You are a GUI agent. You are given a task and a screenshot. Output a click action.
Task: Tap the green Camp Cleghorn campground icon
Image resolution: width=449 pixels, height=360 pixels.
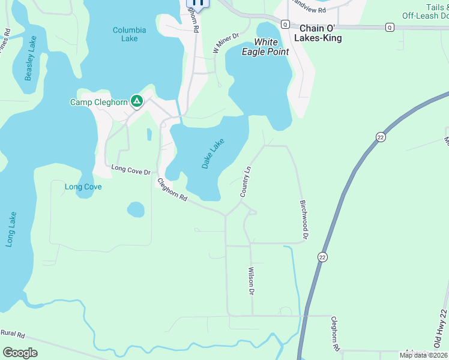(x=137, y=102)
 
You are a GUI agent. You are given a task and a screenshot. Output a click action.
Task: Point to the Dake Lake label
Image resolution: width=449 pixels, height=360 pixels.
(x=212, y=154)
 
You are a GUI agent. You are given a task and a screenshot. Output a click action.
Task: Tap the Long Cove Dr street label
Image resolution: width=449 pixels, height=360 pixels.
(x=130, y=170)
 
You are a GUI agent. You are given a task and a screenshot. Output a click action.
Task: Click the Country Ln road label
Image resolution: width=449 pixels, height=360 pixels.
(x=245, y=182)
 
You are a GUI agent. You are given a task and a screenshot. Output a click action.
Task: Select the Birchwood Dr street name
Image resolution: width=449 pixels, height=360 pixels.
(x=304, y=220)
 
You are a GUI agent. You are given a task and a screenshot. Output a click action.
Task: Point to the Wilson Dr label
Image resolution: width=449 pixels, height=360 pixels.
(x=252, y=281)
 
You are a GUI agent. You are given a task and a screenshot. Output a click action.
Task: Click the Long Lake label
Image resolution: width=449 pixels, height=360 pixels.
(x=10, y=229)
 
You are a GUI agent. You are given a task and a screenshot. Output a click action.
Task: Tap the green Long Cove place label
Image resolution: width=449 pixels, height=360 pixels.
(x=83, y=187)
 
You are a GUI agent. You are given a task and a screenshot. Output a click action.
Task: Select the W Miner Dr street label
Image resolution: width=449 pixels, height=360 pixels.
(x=226, y=43)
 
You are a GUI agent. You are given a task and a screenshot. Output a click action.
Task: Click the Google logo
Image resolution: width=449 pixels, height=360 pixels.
(x=20, y=353)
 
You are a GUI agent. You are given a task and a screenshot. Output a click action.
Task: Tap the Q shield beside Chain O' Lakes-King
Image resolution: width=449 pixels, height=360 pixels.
(x=285, y=24)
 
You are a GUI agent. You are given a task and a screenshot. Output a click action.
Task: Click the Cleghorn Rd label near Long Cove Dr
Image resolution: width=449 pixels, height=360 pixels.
(x=172, y=190)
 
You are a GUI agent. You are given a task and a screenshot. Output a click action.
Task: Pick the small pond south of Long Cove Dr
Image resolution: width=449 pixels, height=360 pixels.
(x=136, y=209)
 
